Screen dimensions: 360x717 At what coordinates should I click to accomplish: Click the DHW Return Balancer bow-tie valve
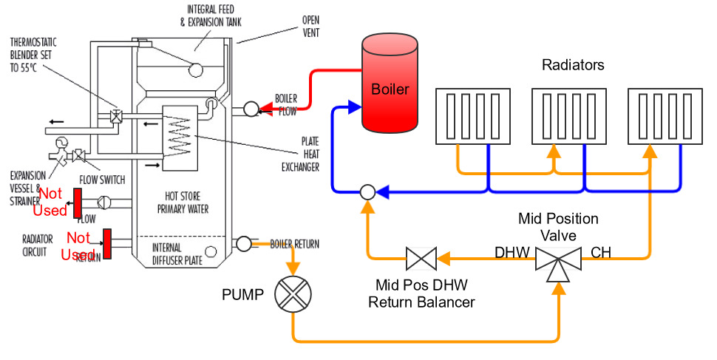[x=421, y=259]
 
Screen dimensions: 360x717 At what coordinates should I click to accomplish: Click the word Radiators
[x=573, y=65]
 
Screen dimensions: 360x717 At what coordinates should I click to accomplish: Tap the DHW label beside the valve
[x=512, y=252]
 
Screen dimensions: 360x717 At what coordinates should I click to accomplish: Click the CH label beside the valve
[x=601, y=252]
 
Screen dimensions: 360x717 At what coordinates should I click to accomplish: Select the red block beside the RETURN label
[x=106, y=244]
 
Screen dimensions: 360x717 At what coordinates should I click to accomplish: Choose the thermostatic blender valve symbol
[x=116, y=115]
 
